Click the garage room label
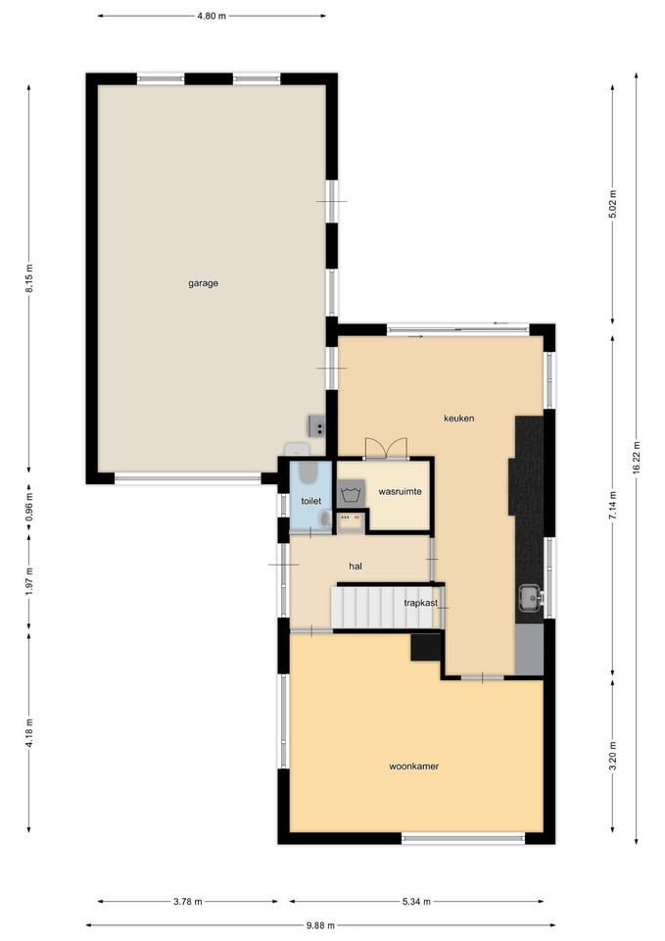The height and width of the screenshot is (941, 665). coord(204,283)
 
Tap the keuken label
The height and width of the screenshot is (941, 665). coord(458,419)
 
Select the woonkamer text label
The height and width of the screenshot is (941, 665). coord(413,767)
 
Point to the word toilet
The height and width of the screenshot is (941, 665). coord(311,501)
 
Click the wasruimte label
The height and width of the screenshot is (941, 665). coord(400,491)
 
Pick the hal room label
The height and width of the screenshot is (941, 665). coord(356,566)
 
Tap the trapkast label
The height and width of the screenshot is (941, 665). coord(420,603)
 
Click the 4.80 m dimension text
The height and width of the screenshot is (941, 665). coord(212,17)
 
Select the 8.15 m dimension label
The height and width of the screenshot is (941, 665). coord(29,278)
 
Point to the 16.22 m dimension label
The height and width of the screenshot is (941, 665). coord(637,458)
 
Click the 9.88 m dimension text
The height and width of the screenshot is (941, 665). coord(320,925)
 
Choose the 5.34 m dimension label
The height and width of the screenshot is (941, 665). coord(416,902)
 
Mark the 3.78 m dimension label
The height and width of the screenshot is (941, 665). coord(188,902)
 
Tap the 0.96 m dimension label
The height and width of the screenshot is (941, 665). coord(29,507)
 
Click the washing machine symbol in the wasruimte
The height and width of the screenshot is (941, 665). coord(351,494)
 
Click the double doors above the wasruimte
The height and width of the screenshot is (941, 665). coord(386,448)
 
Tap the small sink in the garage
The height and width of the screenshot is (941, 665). coord(317,425)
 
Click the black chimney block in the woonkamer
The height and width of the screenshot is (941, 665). coord(426,647)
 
